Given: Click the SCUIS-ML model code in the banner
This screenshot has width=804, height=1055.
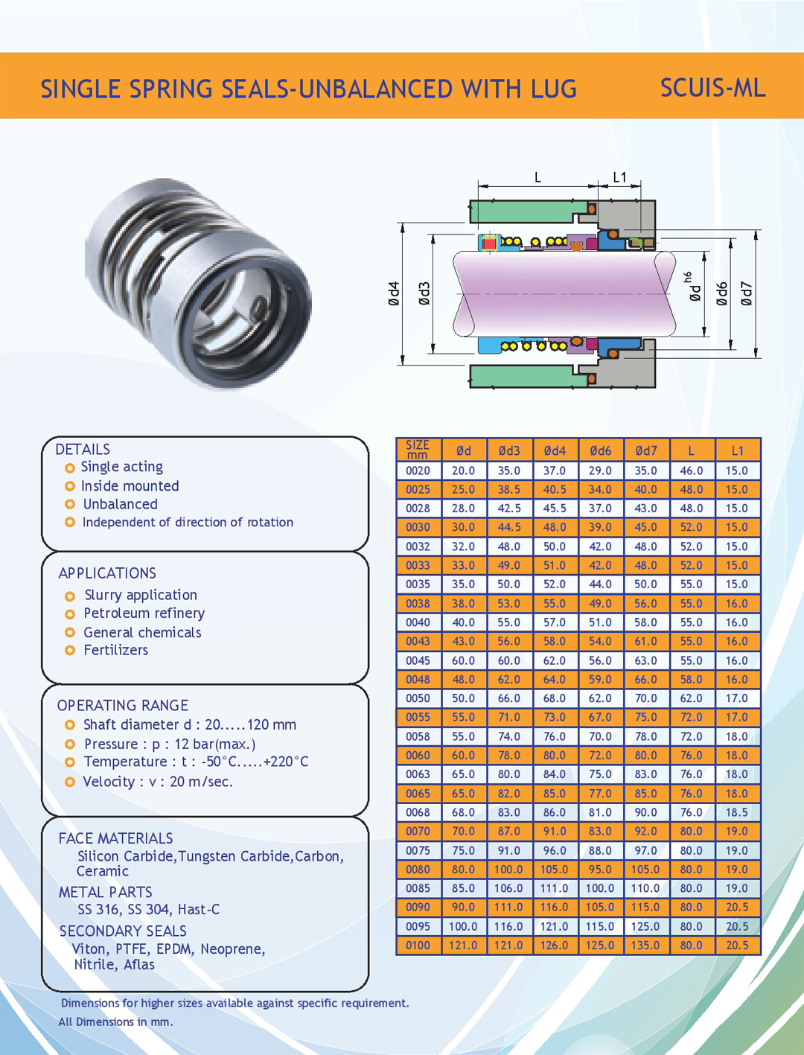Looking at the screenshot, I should (x=712, y=88).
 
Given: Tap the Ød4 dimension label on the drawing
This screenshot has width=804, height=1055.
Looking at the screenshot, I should (x=394, y=293).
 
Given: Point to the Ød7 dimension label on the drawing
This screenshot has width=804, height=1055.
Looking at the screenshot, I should (x=747, y=293).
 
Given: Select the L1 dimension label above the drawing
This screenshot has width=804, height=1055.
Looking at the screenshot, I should (x=619, y=177).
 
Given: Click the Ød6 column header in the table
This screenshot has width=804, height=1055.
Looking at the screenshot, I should (x=600, y=450).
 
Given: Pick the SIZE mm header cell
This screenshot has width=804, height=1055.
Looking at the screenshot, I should (x=418, y=450).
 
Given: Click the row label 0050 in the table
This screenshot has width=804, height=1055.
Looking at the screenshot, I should (x=418, y=698).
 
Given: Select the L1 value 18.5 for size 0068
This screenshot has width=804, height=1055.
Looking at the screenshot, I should (x=737, y=812).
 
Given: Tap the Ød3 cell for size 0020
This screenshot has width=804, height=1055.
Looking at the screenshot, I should (x=509, y=471).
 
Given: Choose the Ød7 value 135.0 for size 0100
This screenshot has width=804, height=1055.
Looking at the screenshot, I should (x=645, y=946).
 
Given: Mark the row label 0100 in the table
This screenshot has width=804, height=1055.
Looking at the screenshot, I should (x=418, y=946).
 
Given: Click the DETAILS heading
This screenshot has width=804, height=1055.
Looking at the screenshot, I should (x=83, y=450).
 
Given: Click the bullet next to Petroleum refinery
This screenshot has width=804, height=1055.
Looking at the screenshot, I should (x=70, y=614).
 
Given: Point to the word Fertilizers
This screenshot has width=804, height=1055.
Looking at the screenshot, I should (x=115, y=650).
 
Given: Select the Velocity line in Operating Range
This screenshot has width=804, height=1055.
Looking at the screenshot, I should (x=158, y=782).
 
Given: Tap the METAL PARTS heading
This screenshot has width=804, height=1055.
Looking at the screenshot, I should (x=105, y=892).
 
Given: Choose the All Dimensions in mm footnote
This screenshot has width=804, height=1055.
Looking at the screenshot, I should (x=115, y=1021).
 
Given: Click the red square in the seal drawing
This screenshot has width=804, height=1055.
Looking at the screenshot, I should (x=489, y=243).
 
